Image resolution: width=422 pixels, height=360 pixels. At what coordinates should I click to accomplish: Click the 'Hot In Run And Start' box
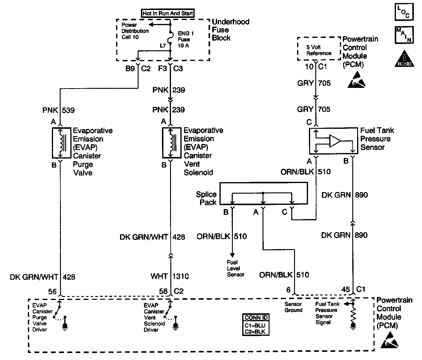point(168,13)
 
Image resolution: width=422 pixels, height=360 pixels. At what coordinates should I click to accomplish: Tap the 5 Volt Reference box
point(319,50)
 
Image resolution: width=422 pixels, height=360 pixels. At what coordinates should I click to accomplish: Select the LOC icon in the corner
point(404,12)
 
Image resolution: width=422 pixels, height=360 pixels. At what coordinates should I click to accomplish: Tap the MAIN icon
point(404,35)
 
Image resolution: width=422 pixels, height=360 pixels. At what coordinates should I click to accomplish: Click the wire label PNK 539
point(59,110)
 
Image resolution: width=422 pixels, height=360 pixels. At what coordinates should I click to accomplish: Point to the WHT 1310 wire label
point(170,276)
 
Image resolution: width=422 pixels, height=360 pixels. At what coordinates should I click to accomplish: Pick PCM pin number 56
point(52,292)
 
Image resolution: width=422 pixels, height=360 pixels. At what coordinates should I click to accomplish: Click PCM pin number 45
point(346,290)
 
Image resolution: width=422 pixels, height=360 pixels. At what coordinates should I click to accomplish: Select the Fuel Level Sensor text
point(235,268)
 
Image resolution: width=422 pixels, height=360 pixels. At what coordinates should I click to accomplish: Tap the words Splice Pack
point(206,198)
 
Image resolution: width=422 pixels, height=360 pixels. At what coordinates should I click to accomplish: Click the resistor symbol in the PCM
point(353,315)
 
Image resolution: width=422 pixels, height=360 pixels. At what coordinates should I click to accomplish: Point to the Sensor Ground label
point(293,307)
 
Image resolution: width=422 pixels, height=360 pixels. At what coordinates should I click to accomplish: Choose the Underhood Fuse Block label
point(230,30)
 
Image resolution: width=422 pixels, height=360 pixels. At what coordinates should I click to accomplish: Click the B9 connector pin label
point(130,69)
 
